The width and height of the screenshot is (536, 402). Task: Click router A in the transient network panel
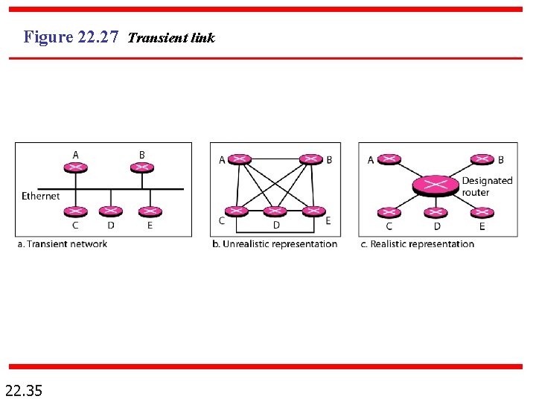click(x=74, y=167)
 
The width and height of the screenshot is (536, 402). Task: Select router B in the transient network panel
click(x=141, y=167)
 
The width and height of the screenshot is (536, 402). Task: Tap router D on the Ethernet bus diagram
click(x=111, y=212)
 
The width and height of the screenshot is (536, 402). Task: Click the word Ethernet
click(x=40, y=196)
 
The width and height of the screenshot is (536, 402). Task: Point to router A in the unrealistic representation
click(x=240, y=159)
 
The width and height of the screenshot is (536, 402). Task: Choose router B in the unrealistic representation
click(x=310, y=159)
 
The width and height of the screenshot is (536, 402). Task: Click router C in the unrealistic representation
click(x=238, y=212)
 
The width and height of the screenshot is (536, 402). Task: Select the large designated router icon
click(x=435, y=185)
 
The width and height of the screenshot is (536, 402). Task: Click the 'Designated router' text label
click(x=487, y=186)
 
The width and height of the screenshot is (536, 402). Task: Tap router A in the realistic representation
click(x=389, y=159)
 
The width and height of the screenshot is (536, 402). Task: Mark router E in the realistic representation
click(x=482, y=212)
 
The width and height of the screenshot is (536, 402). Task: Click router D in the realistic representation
click(x=436, y=212)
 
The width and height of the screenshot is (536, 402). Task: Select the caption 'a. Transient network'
click(x=63, y=243)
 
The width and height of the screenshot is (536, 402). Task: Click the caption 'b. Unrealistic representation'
click(x=275, y=243)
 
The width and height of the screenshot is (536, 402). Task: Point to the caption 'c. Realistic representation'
click(x=417, y=243)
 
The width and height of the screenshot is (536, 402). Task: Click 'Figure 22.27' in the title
click(x=71, y=36)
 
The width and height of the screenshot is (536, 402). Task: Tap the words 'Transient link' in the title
click(x=171, y=38)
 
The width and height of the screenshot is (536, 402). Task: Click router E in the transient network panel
click(x=150, y=212)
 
